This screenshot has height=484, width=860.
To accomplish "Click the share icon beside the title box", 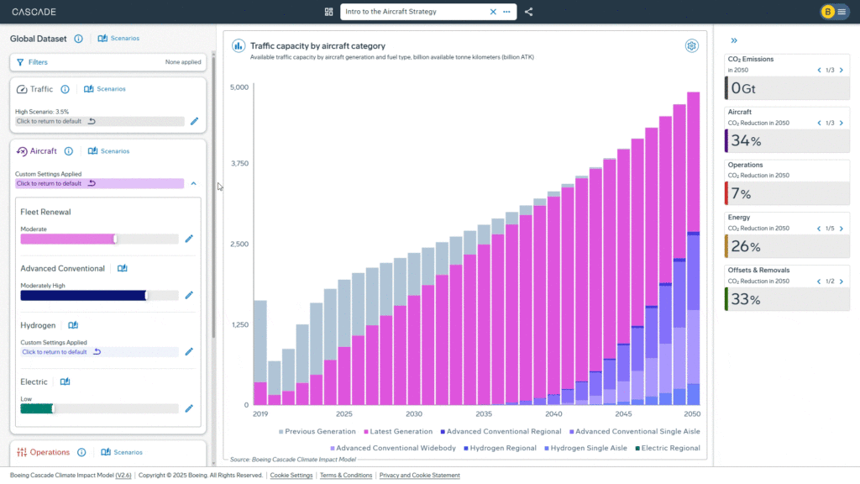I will (x=528, y=12).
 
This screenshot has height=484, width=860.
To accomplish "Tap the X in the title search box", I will (x=493, y=12).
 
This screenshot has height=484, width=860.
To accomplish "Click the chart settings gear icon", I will (x=691, y=46).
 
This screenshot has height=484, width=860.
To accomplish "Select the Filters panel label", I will (x=38, y=62).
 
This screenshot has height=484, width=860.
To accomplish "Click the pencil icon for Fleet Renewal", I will (x=189, y=239).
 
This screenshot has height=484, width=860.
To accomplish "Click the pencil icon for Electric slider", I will (x=189, y=408).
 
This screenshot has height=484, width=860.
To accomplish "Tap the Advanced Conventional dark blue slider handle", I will (x=147, y=295).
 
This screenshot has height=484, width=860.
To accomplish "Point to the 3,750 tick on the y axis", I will (x=239, y=164).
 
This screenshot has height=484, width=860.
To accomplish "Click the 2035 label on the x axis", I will (x=484, y=413).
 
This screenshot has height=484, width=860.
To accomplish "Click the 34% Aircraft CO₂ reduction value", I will (x=746, y=140).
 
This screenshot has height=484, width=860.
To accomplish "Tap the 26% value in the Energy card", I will (x=746, y=246).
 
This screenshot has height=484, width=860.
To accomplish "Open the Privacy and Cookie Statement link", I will (x=419, y=476).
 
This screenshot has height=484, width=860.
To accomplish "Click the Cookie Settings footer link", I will (x=291, y=476).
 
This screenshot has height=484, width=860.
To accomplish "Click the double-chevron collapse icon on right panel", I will (x=734, y=40).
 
